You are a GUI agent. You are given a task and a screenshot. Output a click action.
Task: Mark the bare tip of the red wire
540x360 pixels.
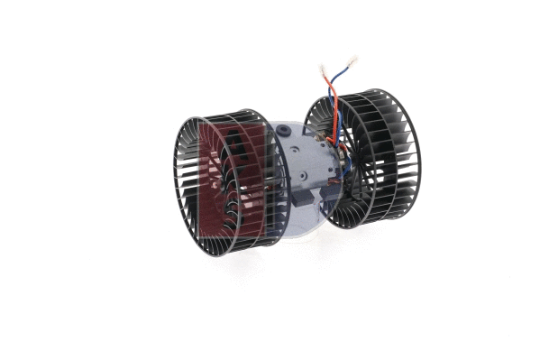pyautogui.click(x=322, y=69)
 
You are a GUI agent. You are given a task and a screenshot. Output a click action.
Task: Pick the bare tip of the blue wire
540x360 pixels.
pyautogui.click(x=353, y=60)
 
